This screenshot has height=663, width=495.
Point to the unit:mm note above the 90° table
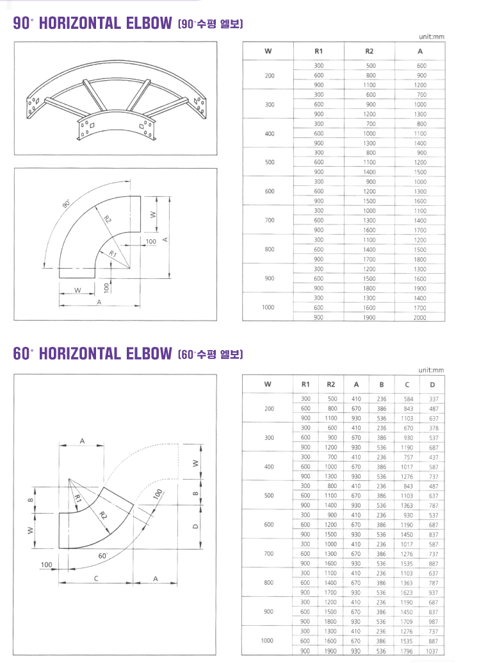coord(430,37)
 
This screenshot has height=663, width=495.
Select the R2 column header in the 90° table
coord(369,51)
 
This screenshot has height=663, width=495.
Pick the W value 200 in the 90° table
coord(269,76)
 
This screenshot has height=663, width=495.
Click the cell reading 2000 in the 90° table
coord(420,317)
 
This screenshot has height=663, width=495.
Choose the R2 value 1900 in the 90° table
coord(369,317)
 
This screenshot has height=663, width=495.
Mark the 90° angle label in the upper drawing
coord(67,205)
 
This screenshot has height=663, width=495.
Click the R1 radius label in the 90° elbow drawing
coord(113,254)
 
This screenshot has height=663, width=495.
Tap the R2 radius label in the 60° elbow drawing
coord(104,516)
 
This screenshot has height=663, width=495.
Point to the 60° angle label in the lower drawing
coord(103,556)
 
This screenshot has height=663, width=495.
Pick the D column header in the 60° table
coord(433,385)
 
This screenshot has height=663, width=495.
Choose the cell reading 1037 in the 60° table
coord(433,651)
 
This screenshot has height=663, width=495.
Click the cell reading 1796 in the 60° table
coord(407,651)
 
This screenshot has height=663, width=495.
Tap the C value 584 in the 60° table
coord(407,399)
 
